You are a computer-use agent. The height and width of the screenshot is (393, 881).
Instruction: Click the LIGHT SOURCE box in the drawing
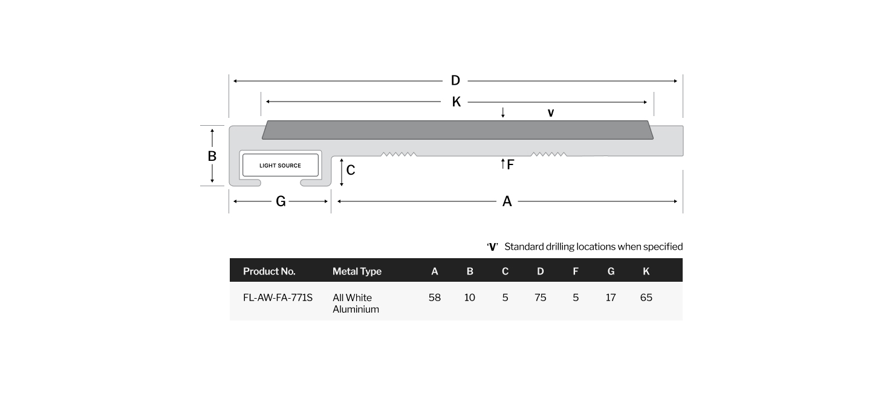281,165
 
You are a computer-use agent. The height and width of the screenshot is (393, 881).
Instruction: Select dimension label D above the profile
455,80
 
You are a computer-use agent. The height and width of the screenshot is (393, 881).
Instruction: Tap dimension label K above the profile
457,102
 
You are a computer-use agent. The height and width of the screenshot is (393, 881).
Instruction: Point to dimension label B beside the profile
212,156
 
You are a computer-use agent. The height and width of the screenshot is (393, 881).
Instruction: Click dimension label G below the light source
281,201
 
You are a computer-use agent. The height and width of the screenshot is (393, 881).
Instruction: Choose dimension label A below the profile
507,201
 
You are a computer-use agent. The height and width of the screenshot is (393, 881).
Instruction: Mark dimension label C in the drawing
351,170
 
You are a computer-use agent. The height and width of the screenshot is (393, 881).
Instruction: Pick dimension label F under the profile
510,164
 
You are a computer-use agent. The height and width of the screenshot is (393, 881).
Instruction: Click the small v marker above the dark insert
551,113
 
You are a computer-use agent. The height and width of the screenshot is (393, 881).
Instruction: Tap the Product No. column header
269,271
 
